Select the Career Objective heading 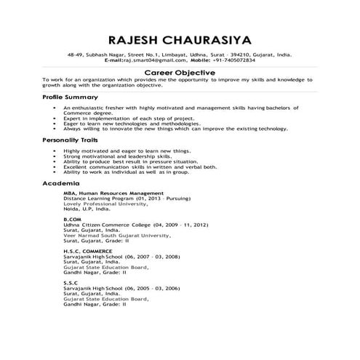(x=179, y=73)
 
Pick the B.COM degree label (x=72, y=219)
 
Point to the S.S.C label (x=71, y=281)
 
